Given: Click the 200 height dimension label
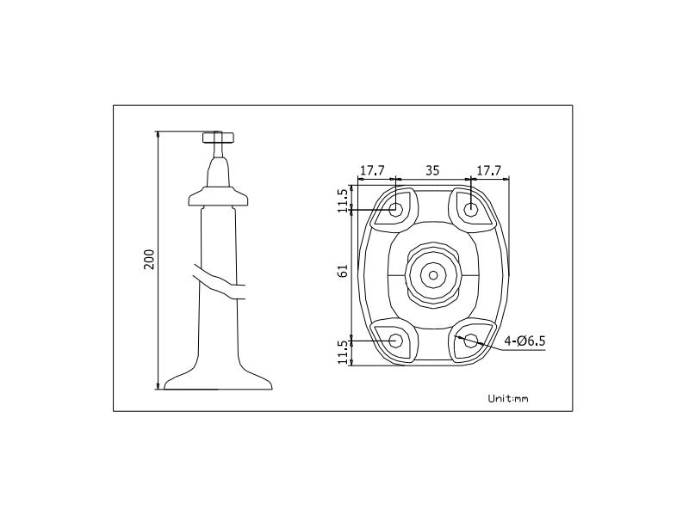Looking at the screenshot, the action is [149, 260].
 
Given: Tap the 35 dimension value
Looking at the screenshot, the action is [432, 170].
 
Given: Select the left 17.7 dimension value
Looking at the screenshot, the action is [372, 170].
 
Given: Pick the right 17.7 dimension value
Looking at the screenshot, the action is [489, 170].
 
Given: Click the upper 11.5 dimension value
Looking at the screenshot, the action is [343, 200].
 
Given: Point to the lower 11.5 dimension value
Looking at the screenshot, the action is [343, 352].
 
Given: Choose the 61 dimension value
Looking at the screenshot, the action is [343, 270].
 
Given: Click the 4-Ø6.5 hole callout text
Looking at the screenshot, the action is [525, 341].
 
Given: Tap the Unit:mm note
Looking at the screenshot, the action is [508, 398].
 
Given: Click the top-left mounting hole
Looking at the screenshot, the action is [396, 208].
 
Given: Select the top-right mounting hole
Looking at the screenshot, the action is [471, 208].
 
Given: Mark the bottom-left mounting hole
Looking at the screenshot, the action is [396, 340].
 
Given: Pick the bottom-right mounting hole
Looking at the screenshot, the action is [471, 340].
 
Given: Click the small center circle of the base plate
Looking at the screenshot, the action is [433, 275].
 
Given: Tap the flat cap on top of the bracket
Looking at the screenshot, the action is [218, 138].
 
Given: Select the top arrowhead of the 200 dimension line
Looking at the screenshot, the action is [158, 135].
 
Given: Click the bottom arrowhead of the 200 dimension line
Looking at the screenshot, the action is [158, 384].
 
